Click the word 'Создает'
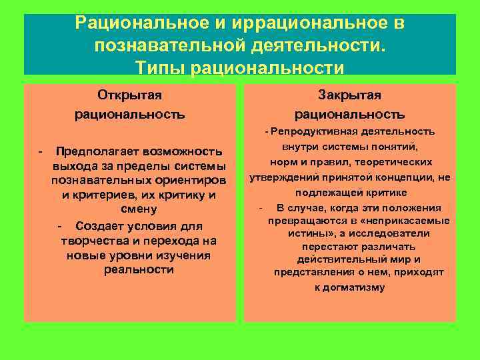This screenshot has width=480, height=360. [99, 227]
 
